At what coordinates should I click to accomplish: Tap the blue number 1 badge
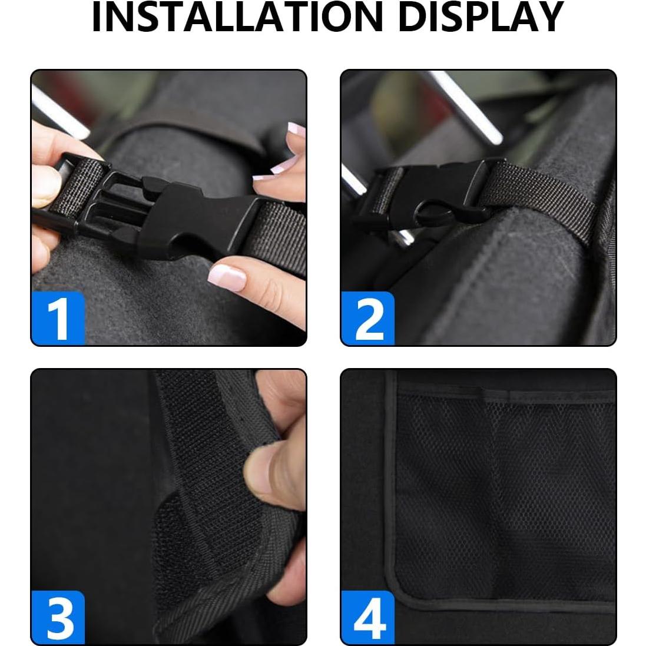[58, 319]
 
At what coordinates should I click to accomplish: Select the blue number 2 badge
[368, 319]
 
